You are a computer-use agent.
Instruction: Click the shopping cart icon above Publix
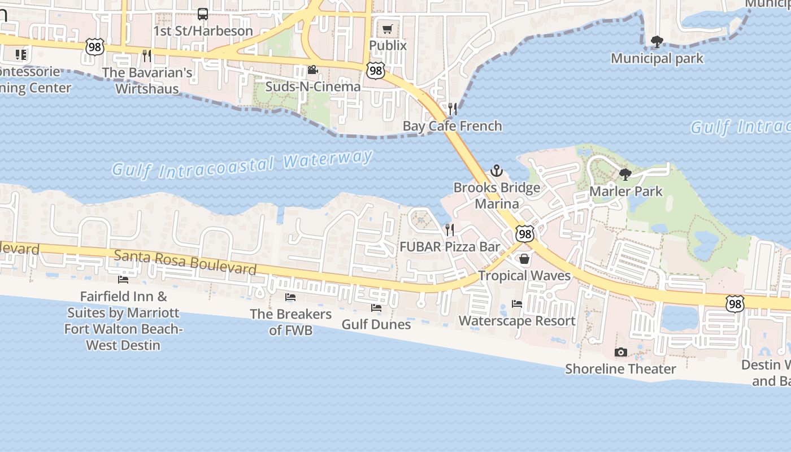(388, 29)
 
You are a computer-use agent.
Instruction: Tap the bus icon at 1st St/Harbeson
(202, 14)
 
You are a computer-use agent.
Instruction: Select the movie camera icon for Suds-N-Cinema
(312, 70)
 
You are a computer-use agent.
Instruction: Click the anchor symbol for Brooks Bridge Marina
(497, 171)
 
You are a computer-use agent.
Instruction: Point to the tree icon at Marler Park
(625, 175)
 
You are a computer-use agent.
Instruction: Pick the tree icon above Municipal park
(657, 42)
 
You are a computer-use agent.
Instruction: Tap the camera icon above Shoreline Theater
(620, 353)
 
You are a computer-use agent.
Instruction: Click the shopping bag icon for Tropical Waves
(524, 259)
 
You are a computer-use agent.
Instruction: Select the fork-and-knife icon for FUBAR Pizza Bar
(450, 229)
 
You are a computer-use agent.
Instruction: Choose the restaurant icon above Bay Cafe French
(453, 108)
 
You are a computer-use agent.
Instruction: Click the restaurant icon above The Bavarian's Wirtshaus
(147, 55)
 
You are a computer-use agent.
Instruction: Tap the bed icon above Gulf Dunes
(376, 308)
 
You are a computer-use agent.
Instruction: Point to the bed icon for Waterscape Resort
(517, 304)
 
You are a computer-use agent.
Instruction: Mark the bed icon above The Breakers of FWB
(290, 297)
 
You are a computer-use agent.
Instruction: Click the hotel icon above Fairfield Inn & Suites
(123, 280)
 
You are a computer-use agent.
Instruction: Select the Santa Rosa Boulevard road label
(185, 262)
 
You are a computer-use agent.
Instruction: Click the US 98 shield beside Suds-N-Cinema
(375, 71)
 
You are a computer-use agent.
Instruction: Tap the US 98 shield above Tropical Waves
(525, 233)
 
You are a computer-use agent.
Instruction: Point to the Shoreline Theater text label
(620, 369)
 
